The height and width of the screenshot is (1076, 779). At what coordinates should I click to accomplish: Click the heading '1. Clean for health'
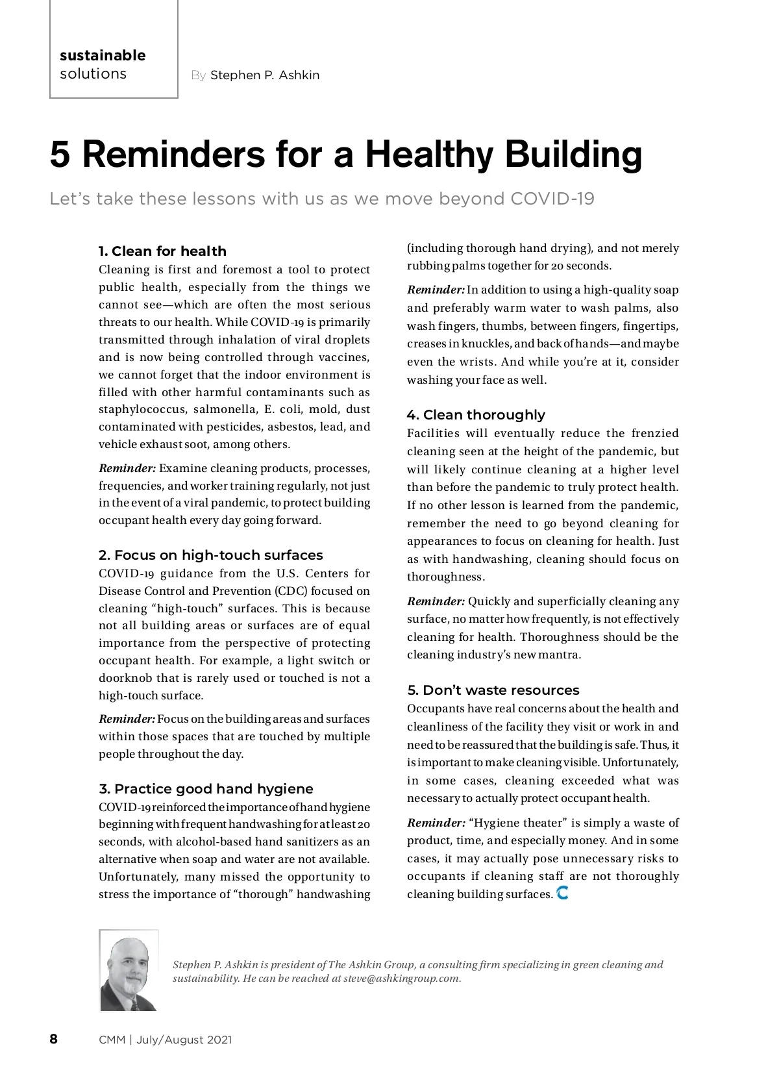[x=162, y=251]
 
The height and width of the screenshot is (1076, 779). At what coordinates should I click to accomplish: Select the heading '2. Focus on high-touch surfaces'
[x=210, y=555]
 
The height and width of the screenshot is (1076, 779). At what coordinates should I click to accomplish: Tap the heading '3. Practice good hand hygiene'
[x=206, y=789]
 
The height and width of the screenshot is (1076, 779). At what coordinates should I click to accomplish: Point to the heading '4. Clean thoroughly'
[x=476, y=415]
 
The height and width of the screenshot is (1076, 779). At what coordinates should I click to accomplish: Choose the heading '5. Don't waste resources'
[x=493, y=690]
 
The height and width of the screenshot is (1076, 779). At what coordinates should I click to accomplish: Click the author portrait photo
[x=129, y=971]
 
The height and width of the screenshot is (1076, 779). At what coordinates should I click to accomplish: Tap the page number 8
[x=54, y=1039]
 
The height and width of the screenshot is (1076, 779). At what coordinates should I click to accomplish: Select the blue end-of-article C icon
[x=563, y=894]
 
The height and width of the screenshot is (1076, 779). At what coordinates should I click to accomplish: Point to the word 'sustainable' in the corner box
[x=103, y=56]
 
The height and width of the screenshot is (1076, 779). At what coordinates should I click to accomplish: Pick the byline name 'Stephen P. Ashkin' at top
[x=265, y=75]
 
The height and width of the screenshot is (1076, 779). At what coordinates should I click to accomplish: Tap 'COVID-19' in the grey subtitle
[x=552, y=199]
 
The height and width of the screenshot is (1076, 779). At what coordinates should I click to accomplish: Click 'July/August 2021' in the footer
[x=184, y=1040]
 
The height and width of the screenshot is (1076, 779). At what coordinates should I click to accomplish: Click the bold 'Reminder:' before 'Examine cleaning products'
[x=127, y=469]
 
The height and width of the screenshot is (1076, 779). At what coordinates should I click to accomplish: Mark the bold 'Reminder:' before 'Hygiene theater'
[x=436, y=823]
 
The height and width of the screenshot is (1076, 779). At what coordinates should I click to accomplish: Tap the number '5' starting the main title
[x=60, y=155]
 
